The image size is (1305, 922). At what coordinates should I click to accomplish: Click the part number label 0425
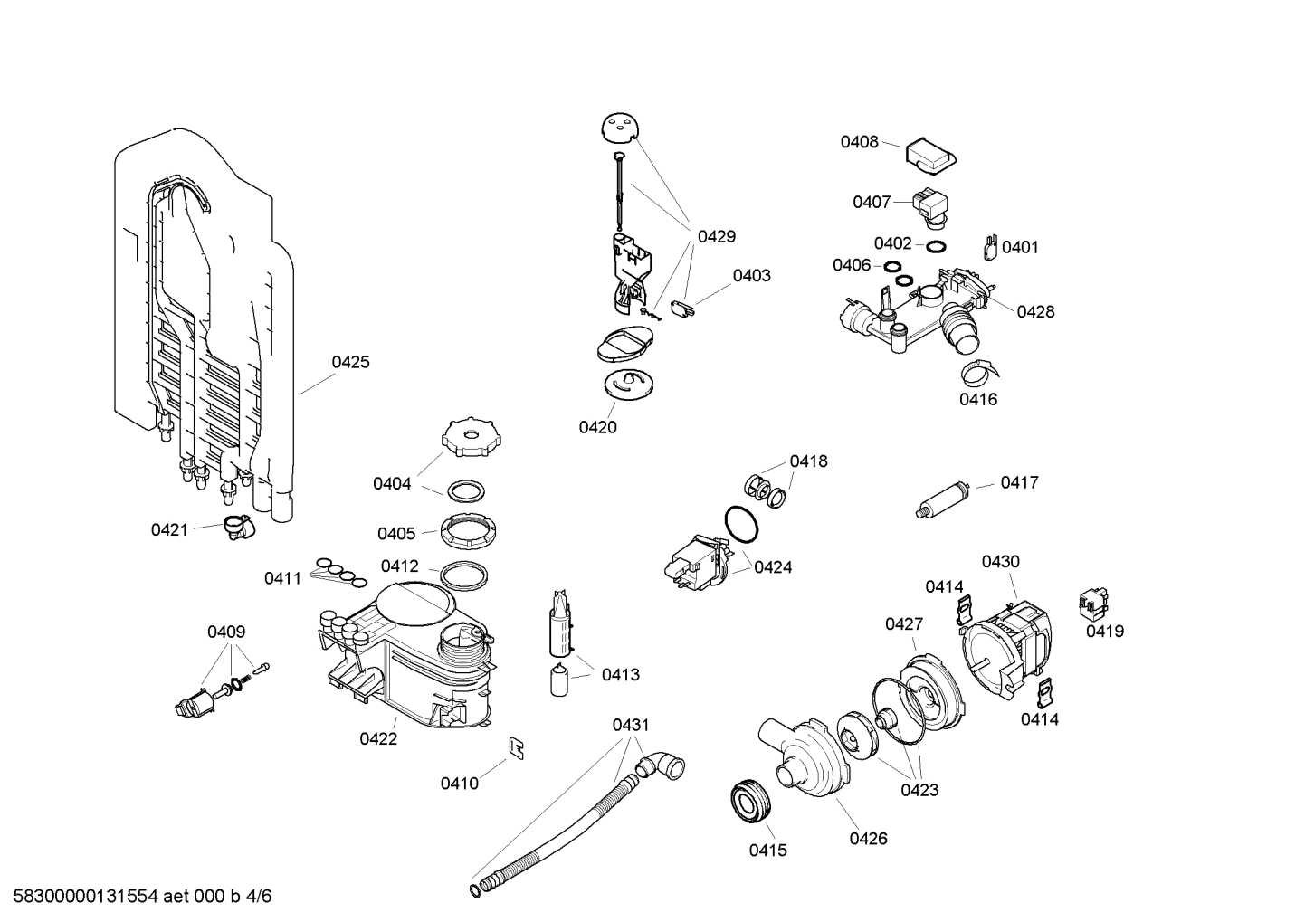pyautogui.click(x=350, y=362)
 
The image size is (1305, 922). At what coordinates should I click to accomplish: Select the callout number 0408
pyautogui.click(x=859, y=141)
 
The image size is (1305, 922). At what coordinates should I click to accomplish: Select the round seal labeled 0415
pyautogui.click(x=749, y=801)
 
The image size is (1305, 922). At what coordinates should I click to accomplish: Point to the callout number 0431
pyautogui.click(x=631, y=725)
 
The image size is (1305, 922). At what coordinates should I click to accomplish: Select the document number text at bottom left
pyautogui.click(x=137, y=897)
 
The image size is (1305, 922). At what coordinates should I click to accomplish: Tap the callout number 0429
pyautogui.click(x=716, y=236)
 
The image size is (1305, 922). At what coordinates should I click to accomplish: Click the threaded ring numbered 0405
pyautogui.click(x=471, y=529)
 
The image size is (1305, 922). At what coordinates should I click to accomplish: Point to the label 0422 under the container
pyautogui.click(x=378, y=738)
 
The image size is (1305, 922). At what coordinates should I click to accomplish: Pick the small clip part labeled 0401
pyautogui.click(x=990, y=246)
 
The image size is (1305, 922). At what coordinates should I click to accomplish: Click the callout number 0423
pyautogui.click(x=919, y=790)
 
